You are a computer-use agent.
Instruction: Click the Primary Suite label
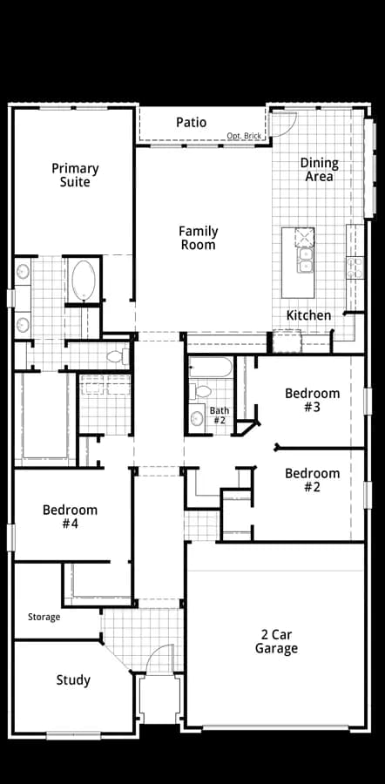[75, 175]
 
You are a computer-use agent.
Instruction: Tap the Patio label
[191, 122]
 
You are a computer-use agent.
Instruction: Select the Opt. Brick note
[244, 136]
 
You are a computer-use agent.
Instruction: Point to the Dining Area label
[319, 170]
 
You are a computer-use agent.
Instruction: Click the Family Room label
[199, 238]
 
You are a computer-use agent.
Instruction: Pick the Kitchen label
[308, 315]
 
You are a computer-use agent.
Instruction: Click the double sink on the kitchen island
[305, 260]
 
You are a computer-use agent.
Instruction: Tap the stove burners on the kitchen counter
[355, 267]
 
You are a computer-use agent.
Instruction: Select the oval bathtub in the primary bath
[84, 280]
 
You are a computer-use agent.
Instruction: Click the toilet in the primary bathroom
[118, 356]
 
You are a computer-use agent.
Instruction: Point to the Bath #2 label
[220, 416]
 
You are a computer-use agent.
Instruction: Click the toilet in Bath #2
[201, 391]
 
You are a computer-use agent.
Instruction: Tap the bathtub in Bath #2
[210, 368]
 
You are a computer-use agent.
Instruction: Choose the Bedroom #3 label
[312, 400]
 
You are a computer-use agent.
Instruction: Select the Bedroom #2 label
[312, 480]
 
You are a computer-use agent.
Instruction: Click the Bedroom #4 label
[70, 517]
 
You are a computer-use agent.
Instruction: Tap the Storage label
[44, 617]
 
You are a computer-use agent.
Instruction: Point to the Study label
[73, 680]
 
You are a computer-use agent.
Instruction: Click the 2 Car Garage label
[276, 641]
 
